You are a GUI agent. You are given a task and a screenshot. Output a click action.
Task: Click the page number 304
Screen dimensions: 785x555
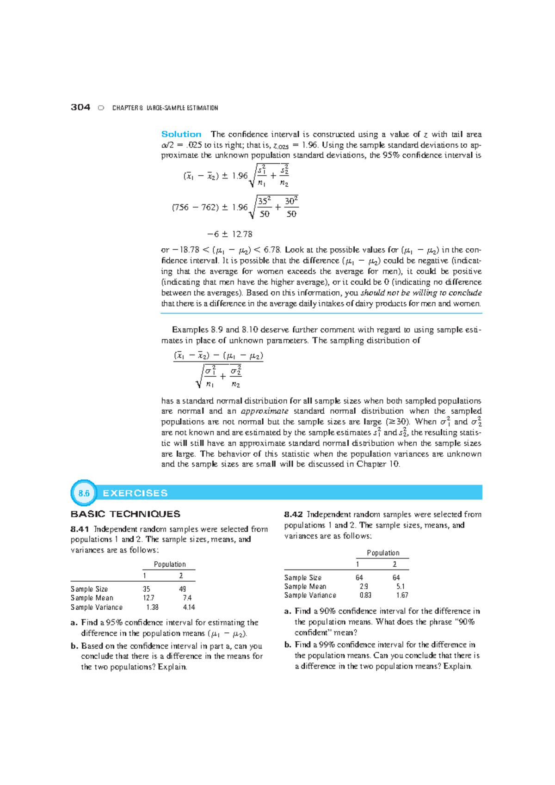[80, 107]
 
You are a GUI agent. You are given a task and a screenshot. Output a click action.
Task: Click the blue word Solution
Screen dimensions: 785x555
[181, 134]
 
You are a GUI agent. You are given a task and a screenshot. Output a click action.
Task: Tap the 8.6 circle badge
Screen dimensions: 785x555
[84, 493]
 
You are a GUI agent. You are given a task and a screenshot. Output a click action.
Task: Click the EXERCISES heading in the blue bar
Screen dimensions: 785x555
[135, 493]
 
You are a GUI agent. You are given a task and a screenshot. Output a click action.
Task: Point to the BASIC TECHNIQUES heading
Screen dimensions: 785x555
[125, 514]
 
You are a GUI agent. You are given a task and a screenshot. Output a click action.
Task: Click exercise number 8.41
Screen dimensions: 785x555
[80, 529]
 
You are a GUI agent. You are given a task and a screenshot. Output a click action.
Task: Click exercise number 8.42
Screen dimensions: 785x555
[294, 514]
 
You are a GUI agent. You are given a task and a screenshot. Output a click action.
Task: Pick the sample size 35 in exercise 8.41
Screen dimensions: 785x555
[146, 589]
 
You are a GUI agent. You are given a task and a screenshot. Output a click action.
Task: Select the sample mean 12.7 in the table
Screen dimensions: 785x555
[148, 598]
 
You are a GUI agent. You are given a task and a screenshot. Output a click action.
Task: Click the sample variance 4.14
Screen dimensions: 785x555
[189, 607]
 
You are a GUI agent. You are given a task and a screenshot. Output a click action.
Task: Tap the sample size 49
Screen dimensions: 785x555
[182, 589]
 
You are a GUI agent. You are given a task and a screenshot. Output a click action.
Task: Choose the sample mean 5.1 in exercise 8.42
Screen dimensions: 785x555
[400, 586]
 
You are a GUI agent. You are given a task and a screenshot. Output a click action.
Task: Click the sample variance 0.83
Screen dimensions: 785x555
[365, 595]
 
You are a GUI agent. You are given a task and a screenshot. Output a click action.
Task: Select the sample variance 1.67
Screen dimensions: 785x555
[402, 595]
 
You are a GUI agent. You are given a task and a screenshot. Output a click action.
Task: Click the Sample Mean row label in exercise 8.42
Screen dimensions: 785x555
[305, 586]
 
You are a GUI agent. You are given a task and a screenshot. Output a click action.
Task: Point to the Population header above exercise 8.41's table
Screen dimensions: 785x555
[170, 564]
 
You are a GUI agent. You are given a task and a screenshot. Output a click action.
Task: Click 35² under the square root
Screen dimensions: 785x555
[264, 201]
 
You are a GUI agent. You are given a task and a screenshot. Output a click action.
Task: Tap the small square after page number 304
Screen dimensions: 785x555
[101, 108]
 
